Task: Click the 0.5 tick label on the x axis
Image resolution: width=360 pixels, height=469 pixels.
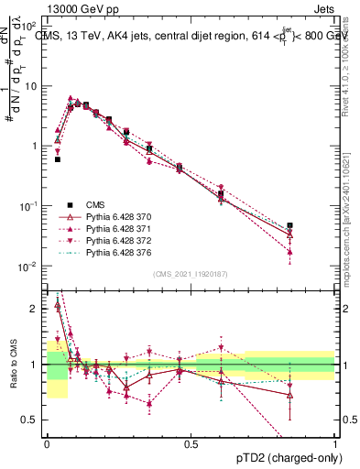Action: coord(191,443)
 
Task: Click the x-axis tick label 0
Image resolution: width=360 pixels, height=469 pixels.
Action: coord(47,443)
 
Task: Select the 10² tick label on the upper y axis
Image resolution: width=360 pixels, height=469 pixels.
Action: coord(29,25)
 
